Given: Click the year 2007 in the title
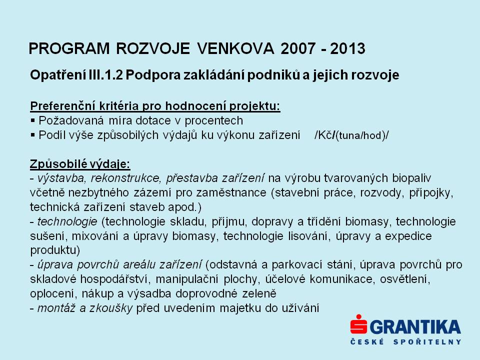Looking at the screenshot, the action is pyautogui.click(x=293, y=48).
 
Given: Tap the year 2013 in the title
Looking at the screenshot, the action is pyautogui.click(x=347, y=48).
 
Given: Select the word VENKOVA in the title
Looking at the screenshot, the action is pyautogui.click(x=235, y=48).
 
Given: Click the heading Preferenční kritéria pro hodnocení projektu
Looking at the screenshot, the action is pyautogui.click(x=155, y=106).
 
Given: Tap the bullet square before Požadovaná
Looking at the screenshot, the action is pyautogui.click(x=33, y=121).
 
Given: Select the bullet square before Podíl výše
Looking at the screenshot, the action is pyautogui.click(x=33, y=135).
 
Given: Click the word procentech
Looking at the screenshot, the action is pyautogui.click(x=213, y=121).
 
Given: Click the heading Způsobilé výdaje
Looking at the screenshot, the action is pyautogui.click(x=80, y=164).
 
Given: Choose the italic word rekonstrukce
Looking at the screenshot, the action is pyautogui.click(x=125, y=178).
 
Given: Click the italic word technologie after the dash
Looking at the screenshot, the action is pyautogui.click(x=67, y=221).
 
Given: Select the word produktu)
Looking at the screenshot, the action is pyautogui.click(x=55, y=250).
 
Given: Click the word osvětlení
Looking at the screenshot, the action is pyautogui.click(x=405, y=279).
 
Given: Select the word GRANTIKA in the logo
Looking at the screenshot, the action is pyautogui.click(x=415, y=327).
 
